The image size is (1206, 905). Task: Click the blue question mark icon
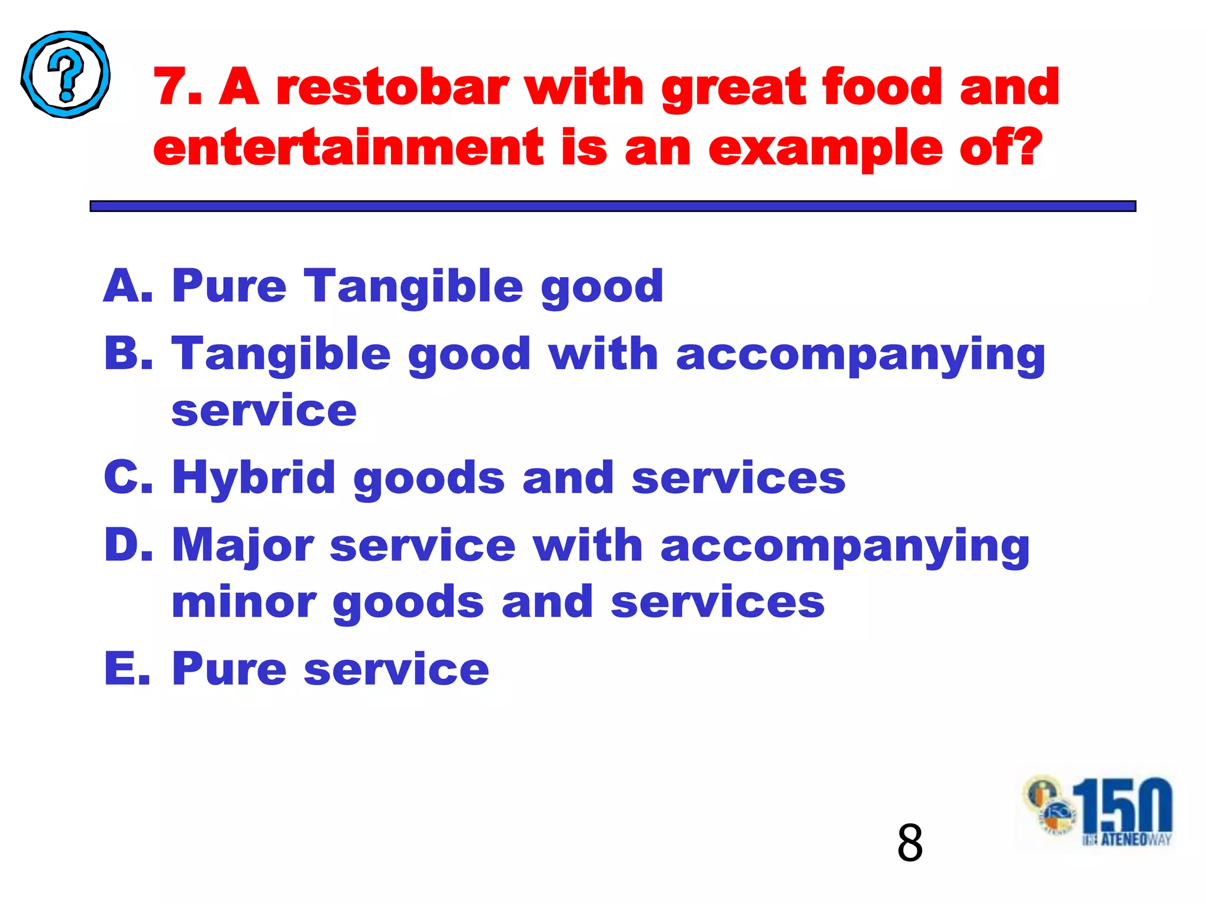click(65, 74)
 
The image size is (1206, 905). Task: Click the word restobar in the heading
click(392, 87)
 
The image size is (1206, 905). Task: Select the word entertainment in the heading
click(348, 147)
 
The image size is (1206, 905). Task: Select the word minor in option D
click(244, 602)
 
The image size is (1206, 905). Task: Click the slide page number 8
click(910, 843)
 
